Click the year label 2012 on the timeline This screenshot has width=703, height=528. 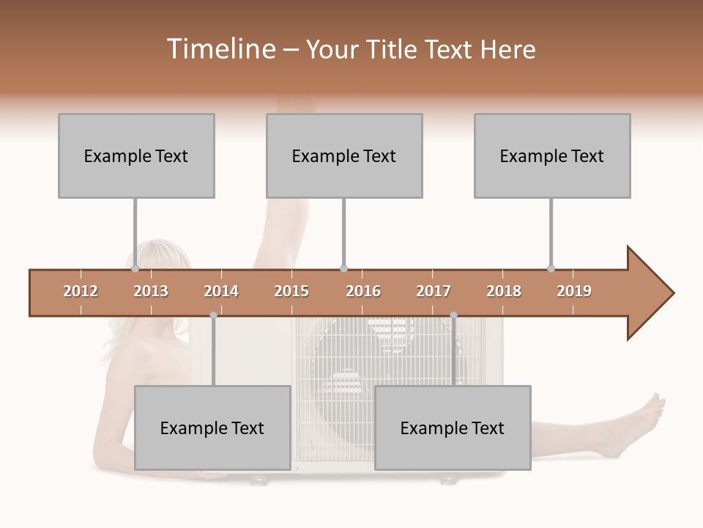[x=81, y=291]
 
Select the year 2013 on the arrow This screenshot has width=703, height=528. [x=151, y=291]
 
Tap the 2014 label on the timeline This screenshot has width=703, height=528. [x=221, y=291]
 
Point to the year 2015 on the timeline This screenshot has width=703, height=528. [x=291, y=291]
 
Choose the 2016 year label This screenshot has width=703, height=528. [x=363, y=291]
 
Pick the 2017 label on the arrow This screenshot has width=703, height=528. [x=434, y=291]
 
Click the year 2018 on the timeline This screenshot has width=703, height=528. [x=504, y=291]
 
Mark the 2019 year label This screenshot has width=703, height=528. [x=574, y=291]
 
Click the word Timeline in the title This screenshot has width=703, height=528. [x=220, y=49]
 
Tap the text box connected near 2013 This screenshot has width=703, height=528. [x=136, y=155]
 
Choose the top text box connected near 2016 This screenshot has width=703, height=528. [x=344, y=155]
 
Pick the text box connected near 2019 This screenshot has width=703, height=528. [x=552, y=155]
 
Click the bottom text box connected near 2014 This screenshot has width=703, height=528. [x=212, y=428]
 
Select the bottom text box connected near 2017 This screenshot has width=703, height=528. [x=453, y=428]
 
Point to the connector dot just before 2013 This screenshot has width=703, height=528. [x=135, y=269]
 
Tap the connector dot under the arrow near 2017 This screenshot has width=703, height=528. [x=453, y=315]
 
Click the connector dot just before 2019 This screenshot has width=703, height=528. [x=551, y=269]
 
